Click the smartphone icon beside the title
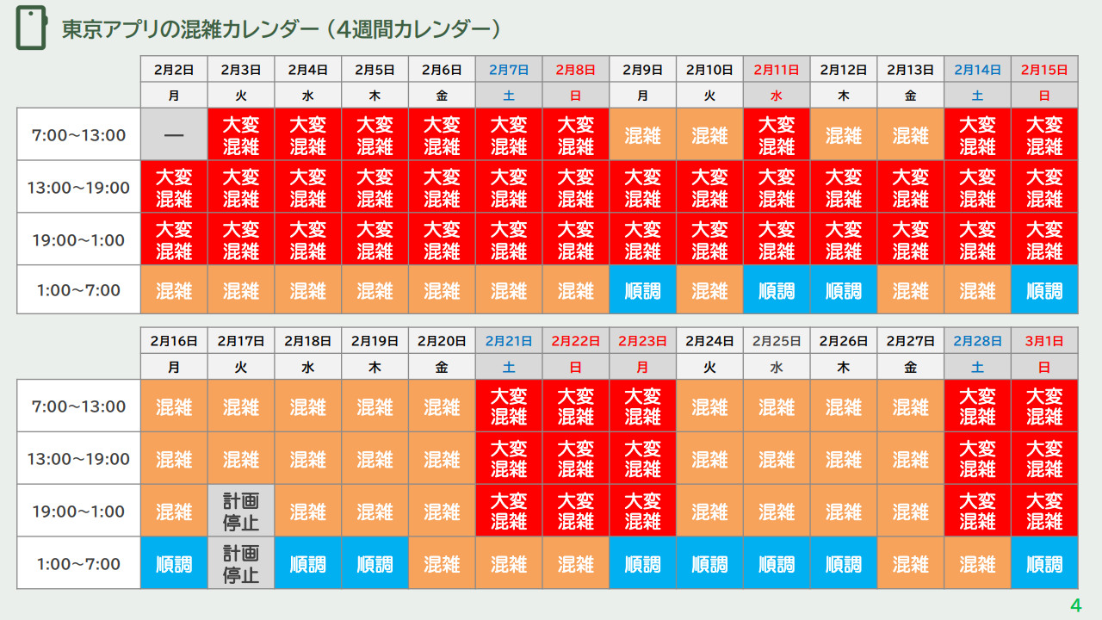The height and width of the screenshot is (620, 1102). [x=31, y=29]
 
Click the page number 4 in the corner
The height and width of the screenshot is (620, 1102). [x=1075, y=605]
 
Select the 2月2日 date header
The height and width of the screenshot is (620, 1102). [x=174, y=70]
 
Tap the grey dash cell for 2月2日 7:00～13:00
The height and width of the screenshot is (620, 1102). [x=174, y=135]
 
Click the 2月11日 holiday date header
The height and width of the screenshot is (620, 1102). [x=777, y=70]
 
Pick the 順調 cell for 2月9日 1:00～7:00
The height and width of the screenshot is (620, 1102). [x=642, y=290]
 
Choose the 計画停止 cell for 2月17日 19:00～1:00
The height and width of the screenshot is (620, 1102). [x=241, y=512]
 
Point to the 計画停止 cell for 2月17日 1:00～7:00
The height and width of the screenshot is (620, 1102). [x=241, y=564]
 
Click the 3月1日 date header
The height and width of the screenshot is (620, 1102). [x=1044, y=341]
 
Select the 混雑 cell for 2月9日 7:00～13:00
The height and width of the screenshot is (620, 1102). [x=642, y=135]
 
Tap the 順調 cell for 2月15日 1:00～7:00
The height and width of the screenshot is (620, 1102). [x=1044, y=290]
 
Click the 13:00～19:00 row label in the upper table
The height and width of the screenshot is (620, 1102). [x=79, y=188]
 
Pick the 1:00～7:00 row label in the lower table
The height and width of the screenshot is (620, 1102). [x=79, y=564]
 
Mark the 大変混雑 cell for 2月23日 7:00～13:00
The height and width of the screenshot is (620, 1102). [x=642, y=406]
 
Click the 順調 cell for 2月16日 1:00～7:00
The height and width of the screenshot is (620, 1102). [x=174, y=564]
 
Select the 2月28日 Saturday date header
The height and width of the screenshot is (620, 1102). [x=977, y=341]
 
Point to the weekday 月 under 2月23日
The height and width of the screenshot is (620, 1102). [x=642, y=367]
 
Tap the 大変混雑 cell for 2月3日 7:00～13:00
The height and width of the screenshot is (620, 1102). [x=241, y=135]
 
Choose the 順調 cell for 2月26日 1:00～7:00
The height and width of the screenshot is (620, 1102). [x=844, y=564]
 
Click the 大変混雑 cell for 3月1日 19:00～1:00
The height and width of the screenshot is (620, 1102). [x=1044, y=512]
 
